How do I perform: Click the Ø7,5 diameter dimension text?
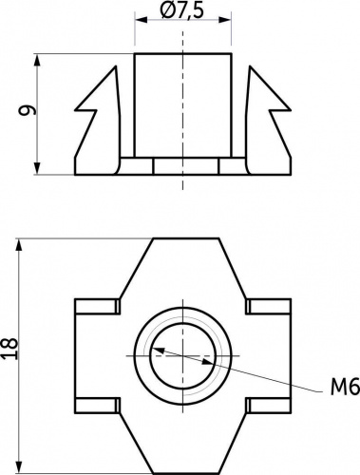181,10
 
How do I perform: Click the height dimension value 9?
27,110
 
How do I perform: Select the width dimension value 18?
9,349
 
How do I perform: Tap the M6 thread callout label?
345,387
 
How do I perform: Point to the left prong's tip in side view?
116,66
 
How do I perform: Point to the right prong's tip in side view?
250,66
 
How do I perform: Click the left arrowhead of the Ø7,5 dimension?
142,20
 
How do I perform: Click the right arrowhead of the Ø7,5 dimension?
225,20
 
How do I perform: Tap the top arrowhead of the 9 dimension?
37,60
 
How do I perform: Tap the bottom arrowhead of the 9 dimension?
37,168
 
